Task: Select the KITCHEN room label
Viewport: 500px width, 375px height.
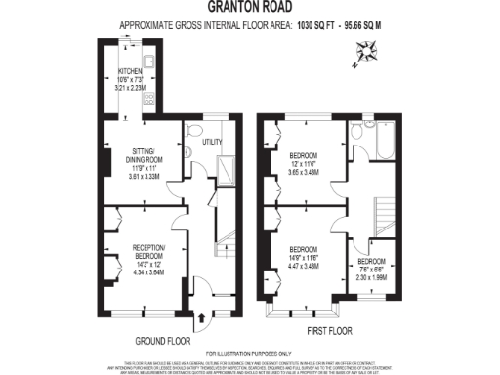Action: [x=132, y=71]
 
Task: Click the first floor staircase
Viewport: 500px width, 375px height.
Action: [x=382, y=209]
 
